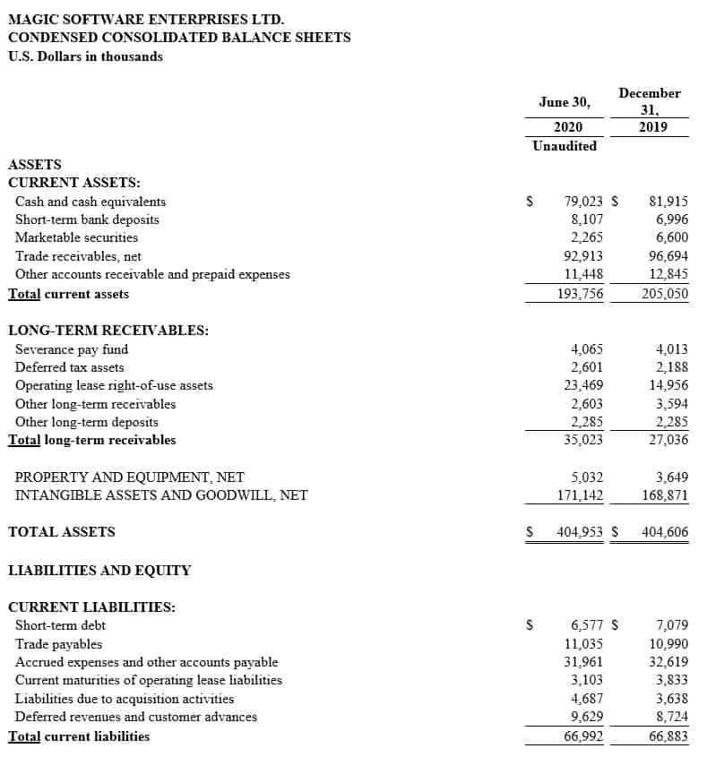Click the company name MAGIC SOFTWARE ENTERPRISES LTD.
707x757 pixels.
(x=147, y=18)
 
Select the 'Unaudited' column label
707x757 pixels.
(x=564, y=146)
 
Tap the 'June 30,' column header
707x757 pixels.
(x=564, y=102)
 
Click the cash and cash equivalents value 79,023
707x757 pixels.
(x=583, y=202)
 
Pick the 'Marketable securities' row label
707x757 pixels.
(x=76, y=237)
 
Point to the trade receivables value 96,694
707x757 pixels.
(x=668, y=256)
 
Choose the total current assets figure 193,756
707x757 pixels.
(x=580, y=294)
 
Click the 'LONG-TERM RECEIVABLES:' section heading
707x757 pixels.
(x=108, y=330)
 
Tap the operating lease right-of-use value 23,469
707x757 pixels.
(x=583, y=385)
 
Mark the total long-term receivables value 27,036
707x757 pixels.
(x=668, y=440)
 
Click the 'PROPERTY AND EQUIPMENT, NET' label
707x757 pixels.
(x=129, y=477)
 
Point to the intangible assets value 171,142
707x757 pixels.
(x=580, y=495)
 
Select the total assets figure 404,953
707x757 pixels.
(x=580, y=532)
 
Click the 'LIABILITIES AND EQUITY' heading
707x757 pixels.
(x=99, y=570)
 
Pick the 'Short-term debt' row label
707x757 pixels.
(x=60, y=625)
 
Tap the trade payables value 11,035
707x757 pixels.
(x=583, y=643)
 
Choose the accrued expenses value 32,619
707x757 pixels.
(x=668, y=662)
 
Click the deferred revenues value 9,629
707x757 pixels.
(x=587, y=717)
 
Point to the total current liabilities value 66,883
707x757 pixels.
(x=668, y=736)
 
